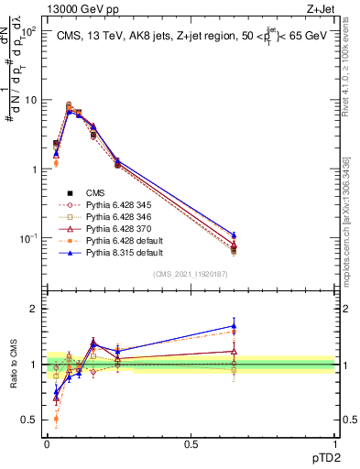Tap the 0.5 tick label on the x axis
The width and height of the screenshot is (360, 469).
(x=191, y=443)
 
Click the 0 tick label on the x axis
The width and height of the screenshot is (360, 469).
(x=47, y=443)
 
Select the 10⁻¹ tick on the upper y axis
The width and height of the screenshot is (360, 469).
(x=28, y=238)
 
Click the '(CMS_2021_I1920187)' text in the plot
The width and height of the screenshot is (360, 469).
(x=191, y=273)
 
